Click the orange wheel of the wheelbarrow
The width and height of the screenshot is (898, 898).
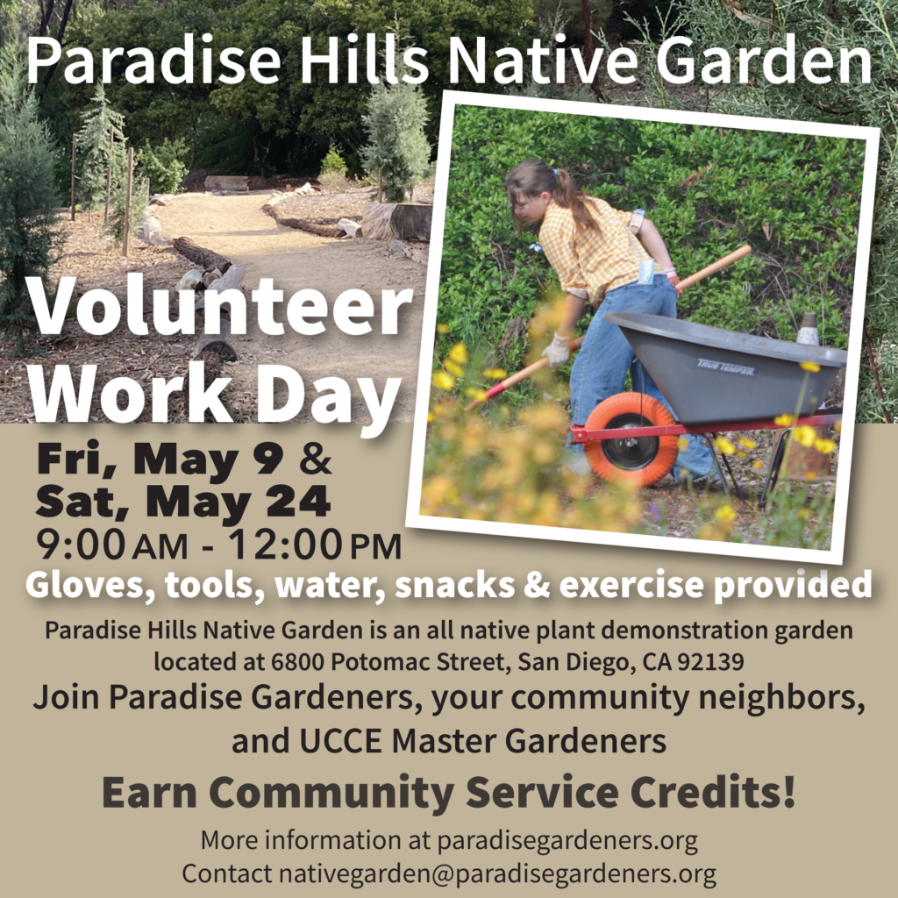coord(630,438)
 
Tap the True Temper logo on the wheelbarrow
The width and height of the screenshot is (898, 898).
coord(725,367)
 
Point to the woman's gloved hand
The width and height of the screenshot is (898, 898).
coord(556,351)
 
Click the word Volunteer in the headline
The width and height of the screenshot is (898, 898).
coord(219,306)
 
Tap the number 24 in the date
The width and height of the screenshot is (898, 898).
coord(298,501)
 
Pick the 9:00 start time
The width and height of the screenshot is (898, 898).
coord(80,545)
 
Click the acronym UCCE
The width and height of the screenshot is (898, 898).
coord(340,740)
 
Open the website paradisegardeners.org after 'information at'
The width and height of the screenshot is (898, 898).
coord(567,841)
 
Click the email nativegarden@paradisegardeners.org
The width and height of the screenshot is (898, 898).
coord(497,874)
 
